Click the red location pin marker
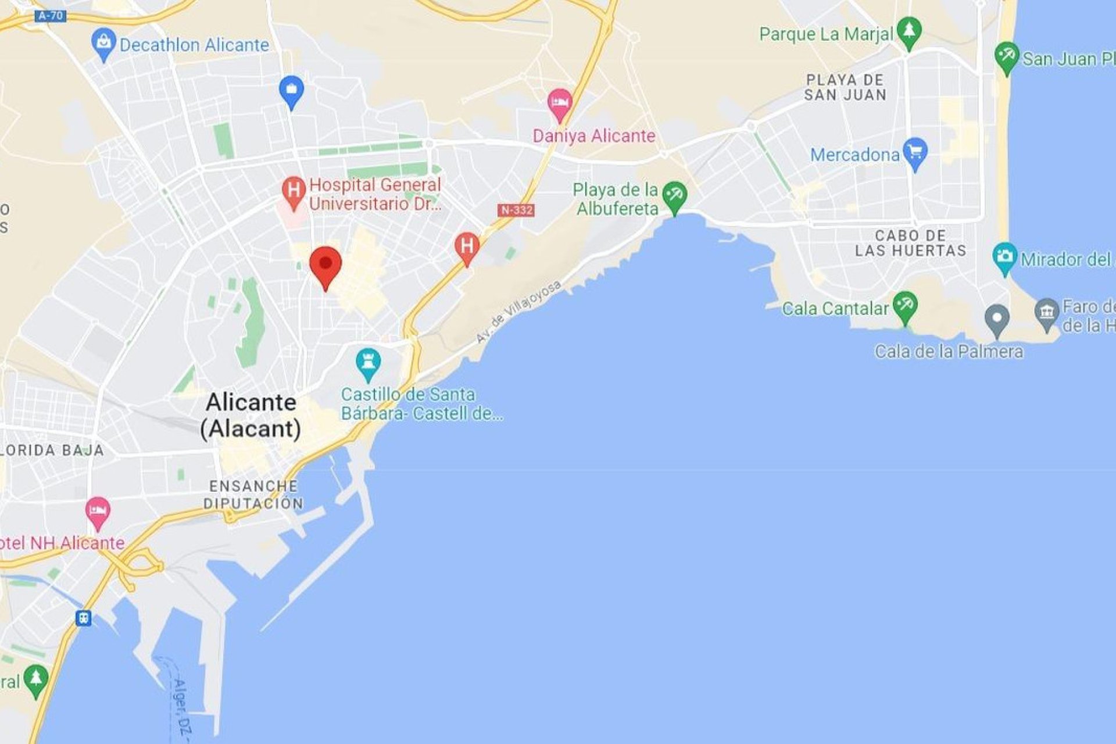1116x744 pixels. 325,264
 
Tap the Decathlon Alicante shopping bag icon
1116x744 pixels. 103,43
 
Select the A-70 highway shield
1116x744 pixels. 50,16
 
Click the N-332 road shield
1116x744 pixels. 516,210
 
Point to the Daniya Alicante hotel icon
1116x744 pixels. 559,103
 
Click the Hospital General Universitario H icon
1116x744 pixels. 294,191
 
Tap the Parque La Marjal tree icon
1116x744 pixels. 908,30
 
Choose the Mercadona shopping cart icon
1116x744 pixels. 915,152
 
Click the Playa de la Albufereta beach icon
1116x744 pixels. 674,196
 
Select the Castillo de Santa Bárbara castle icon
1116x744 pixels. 368,362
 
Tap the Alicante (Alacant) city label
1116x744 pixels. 251,415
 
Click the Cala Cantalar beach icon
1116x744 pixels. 904,306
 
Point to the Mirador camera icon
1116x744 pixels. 1004,257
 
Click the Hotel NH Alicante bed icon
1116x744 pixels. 98,512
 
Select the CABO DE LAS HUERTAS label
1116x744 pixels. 910,243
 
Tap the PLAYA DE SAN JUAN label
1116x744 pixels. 846,88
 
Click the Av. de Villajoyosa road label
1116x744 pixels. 518,312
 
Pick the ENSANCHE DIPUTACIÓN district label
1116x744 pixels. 253,495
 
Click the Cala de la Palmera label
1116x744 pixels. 949,351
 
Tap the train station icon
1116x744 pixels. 84,617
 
